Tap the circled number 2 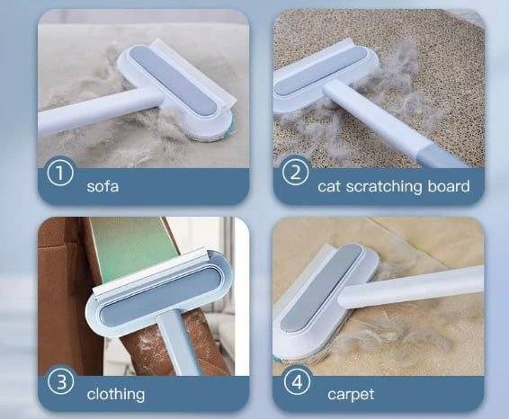pyautogui.click(x=295, y=173)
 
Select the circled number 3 pyautogui.click(x=61, y=381)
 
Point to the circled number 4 pyautogui.click(x=297, y=381)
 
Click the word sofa pyautogui.click(x=103, y=186)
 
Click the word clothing pyautogui.click(x=116, y=395)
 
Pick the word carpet pyautogui.click(x=351, y=395)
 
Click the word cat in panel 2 pyautogui.click(x=329, y=187)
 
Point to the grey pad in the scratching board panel pyautogui.click(x=324, y=71)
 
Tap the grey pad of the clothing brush pyautogui.click(x=159, y=298)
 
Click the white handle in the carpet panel pyautogui.click(x=411, y=287)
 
